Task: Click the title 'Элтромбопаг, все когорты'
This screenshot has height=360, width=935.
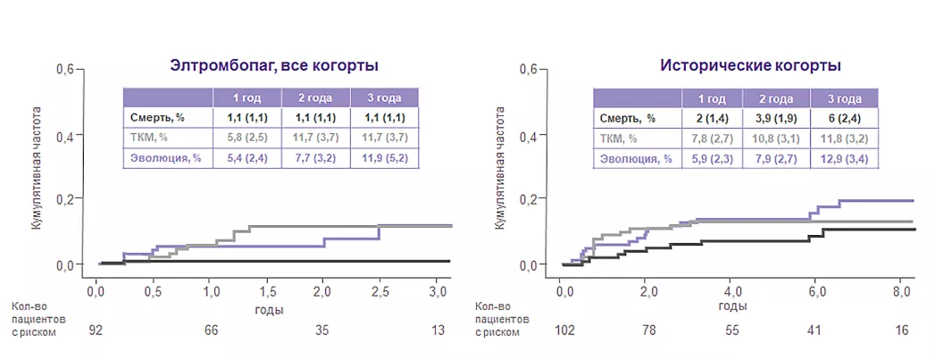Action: click(274, 65)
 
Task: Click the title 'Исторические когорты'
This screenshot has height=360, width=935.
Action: click(750, 65)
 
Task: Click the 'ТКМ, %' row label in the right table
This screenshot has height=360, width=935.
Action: click(621, 138)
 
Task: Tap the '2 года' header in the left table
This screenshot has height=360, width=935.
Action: click(314, 97)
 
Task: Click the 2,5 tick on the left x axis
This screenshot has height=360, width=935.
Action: click(380, 291)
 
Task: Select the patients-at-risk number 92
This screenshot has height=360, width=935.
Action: click(96, 330)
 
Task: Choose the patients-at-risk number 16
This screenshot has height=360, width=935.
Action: click(901, 330)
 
